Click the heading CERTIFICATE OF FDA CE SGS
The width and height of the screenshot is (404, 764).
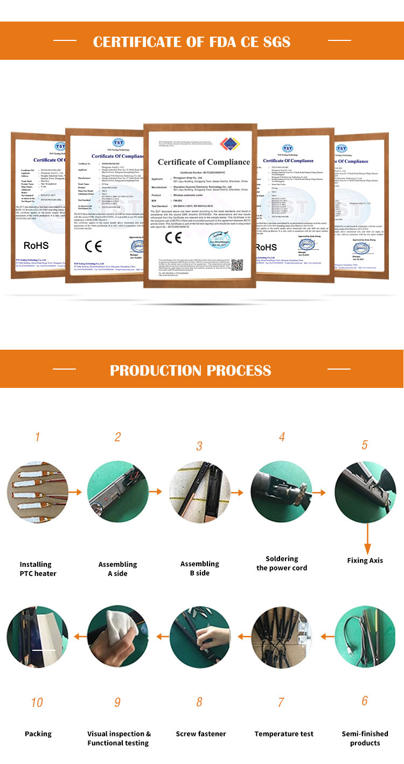191,41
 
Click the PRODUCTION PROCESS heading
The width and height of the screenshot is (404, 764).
190,370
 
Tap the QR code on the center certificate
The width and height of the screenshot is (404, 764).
237,265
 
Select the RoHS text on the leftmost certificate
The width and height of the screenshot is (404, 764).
36,246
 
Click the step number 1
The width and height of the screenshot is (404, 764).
37,436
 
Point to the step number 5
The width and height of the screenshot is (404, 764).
365,445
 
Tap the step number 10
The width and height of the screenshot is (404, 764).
37,702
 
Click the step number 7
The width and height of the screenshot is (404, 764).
281,702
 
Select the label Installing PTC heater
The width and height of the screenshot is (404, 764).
37,569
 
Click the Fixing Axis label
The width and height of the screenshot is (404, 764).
365,560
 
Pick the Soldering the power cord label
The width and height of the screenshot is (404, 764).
282,564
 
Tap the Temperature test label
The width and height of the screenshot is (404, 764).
284,734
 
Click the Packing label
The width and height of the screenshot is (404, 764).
38,734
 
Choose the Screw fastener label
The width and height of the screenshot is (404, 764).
201,734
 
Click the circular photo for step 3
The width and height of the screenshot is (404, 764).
200,493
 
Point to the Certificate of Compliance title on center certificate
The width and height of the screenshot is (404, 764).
204,162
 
